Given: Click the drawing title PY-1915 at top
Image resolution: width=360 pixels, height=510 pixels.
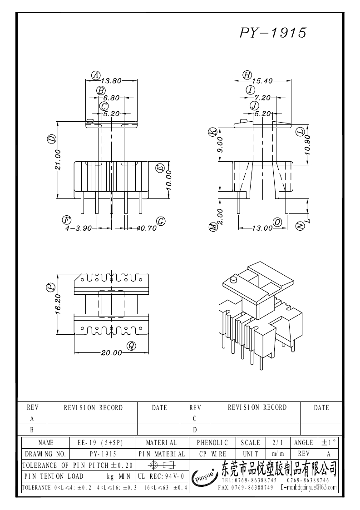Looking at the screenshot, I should pos(273,33).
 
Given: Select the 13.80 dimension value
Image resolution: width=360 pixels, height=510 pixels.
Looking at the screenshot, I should pos(111,81).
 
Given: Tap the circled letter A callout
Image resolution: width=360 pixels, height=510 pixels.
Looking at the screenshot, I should pos(96,75).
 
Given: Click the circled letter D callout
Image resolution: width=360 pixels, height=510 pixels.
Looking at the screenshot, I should pos(51,139).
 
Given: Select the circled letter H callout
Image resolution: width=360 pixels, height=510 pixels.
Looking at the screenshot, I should pos(247,75).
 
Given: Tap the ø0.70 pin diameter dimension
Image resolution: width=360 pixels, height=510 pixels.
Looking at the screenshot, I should pos(146,228).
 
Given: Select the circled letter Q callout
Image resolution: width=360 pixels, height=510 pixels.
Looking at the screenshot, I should pos(131,346).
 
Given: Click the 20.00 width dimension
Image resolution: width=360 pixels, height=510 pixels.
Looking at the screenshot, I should pos(111,353).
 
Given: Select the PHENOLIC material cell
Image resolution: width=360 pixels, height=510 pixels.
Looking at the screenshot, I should pos(212,442).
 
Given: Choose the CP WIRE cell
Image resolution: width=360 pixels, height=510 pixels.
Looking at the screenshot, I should pos(212,454).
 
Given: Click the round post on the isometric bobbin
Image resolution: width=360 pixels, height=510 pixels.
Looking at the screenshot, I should pos(234,279).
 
